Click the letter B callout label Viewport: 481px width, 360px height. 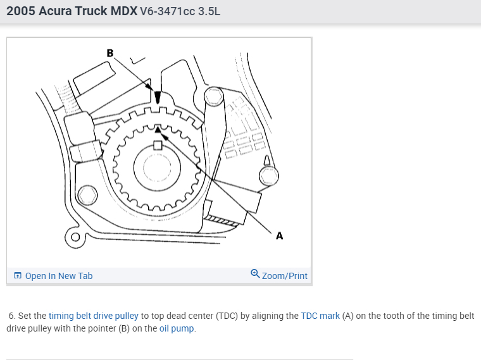pos(110,53)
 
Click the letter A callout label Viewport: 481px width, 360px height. pos(280,236)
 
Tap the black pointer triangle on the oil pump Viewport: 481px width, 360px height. pos(158,97)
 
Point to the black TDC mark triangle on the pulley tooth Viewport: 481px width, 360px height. pos(158,130)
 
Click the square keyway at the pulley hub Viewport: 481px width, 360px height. pos(158,146)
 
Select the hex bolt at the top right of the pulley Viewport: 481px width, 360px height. pos(214,96)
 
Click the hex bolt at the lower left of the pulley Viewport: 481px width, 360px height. pos(87,196)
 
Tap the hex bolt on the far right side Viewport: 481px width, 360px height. pos(269,176)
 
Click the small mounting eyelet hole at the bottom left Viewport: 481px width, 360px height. pos(75,237)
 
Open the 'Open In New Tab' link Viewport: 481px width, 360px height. pos(59,276)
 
